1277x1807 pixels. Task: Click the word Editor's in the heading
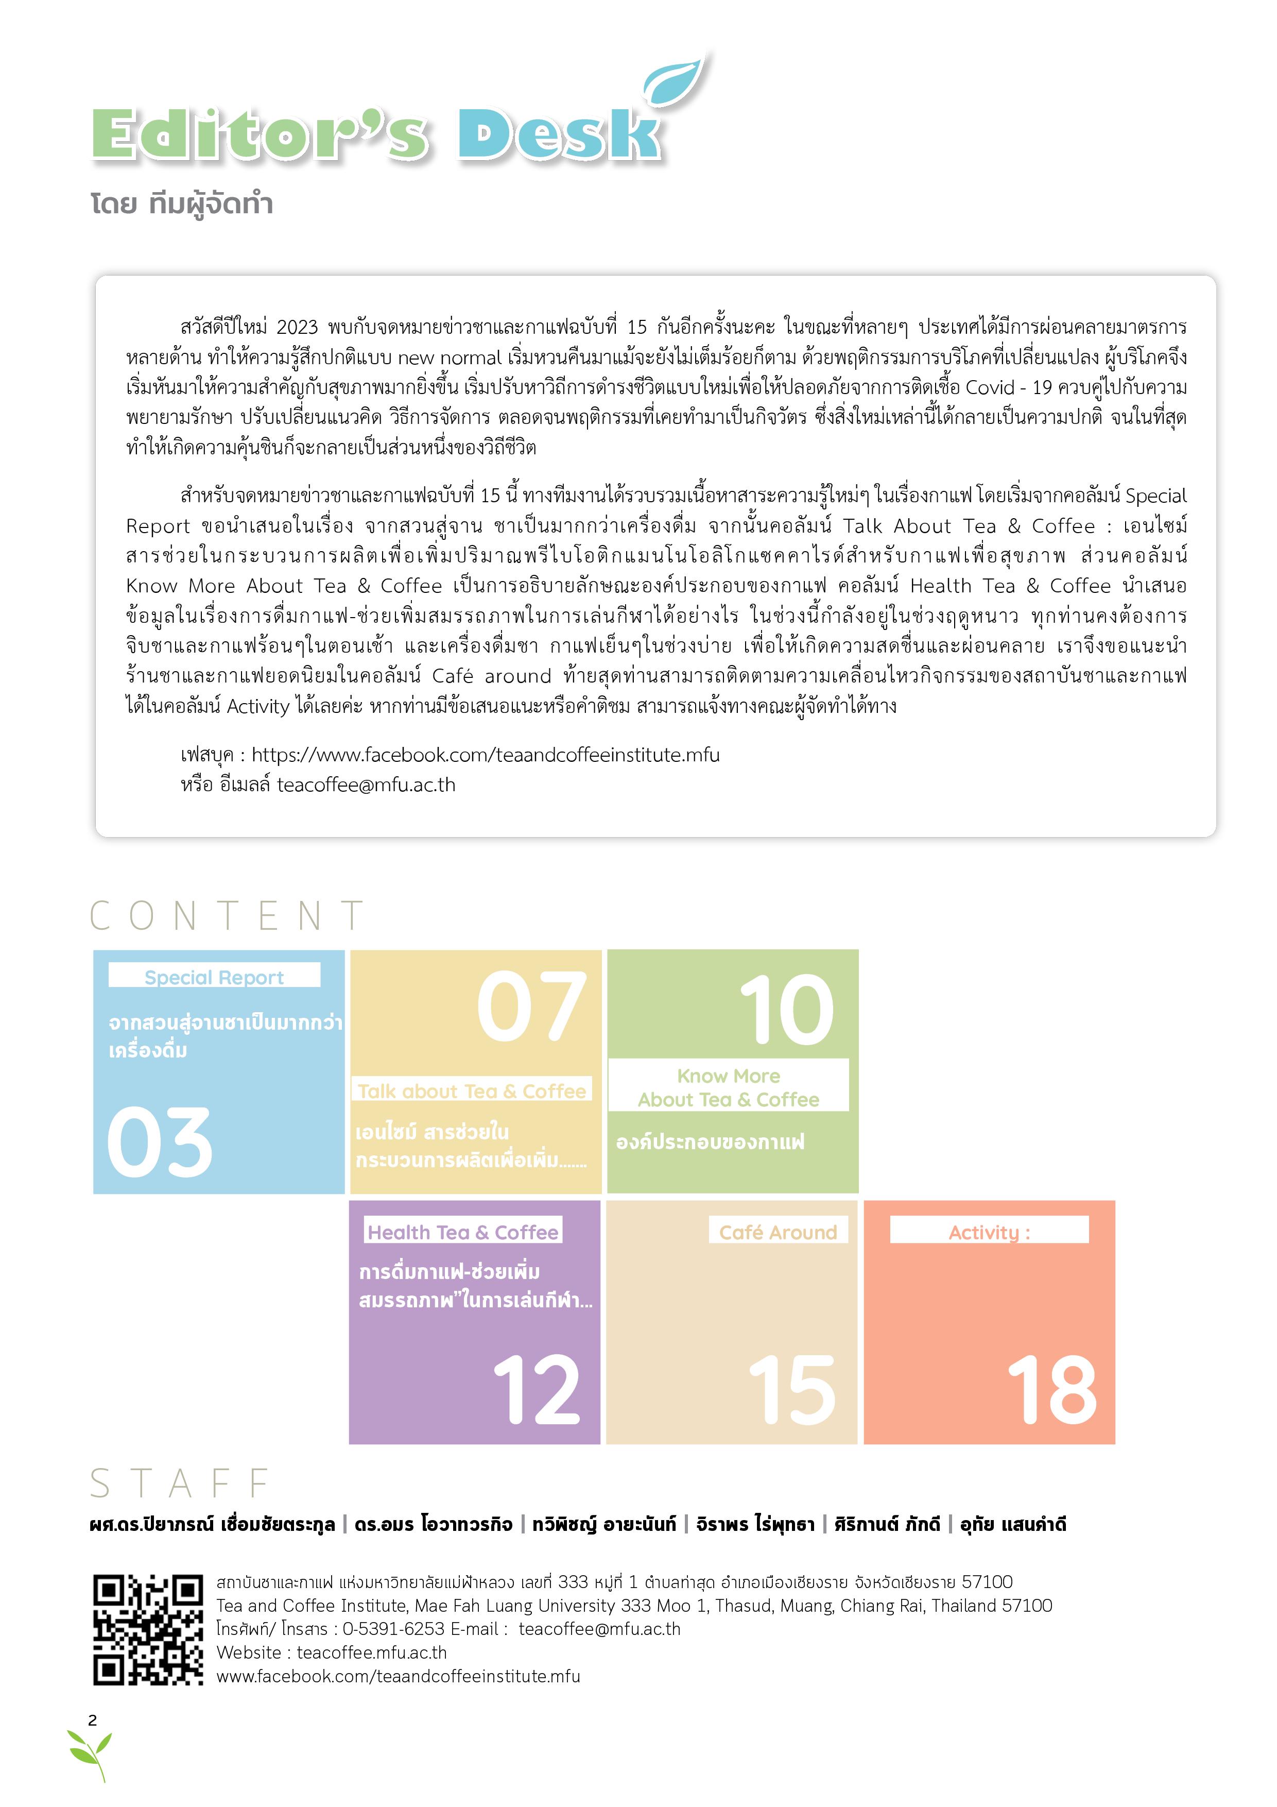tap(260, 136)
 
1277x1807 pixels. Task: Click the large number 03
tap(160, 1142)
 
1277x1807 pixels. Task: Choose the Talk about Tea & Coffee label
tap(471, 1091)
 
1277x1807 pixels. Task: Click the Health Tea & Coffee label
tap(462, 1232)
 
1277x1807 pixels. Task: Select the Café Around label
tap(778, 1232)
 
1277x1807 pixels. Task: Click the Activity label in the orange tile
tap(989, 1232)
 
